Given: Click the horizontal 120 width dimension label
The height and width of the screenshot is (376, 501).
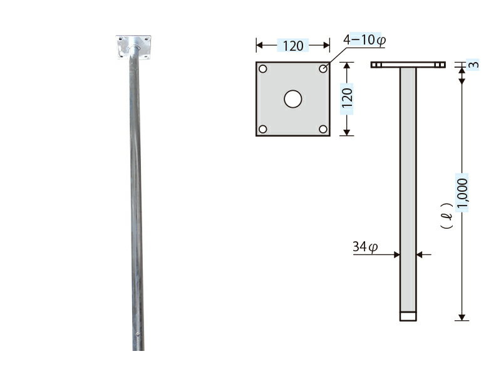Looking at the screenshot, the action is [x=293, y=46].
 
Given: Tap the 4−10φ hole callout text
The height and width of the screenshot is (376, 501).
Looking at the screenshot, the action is [x=364, y=40].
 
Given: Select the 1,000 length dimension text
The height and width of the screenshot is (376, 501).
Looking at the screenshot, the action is [x=462, y=193].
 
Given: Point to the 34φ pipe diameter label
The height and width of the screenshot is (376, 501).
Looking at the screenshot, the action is [x=365, y=247].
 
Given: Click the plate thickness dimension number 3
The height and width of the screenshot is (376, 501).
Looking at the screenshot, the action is [x=475, y=65].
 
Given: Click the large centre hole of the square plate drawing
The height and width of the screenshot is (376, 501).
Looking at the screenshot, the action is [x=292, y=99].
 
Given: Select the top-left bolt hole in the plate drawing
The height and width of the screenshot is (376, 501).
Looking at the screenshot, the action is [x=262, y=69].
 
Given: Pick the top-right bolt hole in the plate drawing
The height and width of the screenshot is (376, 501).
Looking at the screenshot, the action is [x=323, y=69].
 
